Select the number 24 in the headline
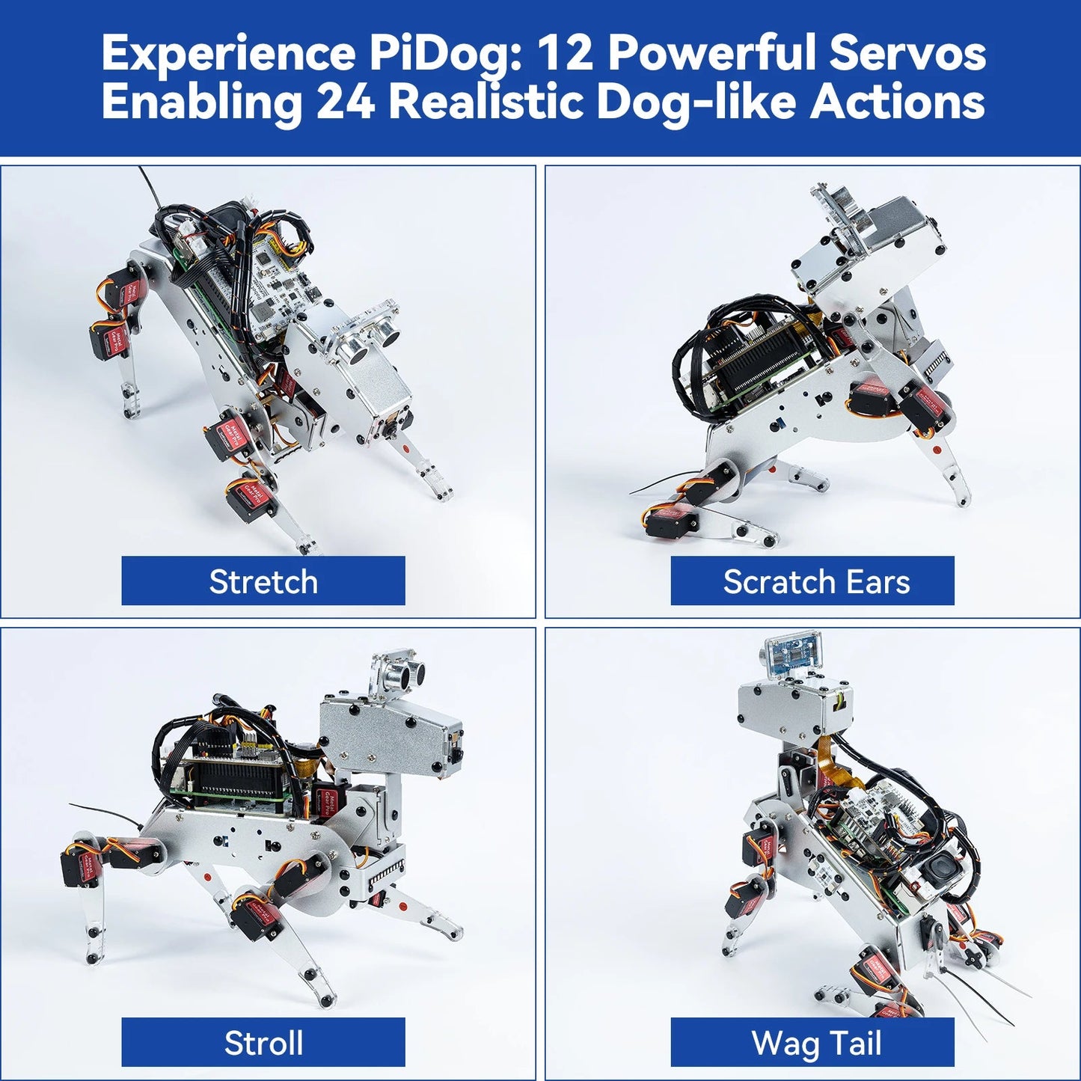pyautogui.click(x=345, y=102)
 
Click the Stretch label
pyautogui.click(x=263, y=581)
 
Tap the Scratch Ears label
pyautogui.click(x=815, y=581)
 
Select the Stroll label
pyautogui.click(x=263, y=1042)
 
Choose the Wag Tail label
pyautogui.click(x=815, y=1042)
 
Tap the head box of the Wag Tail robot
pyautogui.click(x=793, y=707)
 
